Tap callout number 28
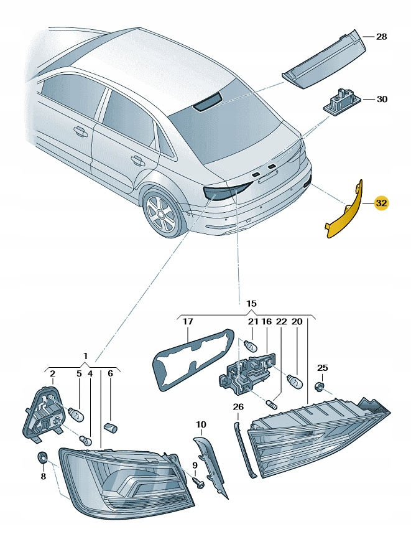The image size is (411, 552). point(381,37)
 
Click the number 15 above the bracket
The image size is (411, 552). point(251,304)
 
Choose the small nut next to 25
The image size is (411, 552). point(318,387)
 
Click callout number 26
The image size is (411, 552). point(238,407)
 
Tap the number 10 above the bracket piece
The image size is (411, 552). point(200,425)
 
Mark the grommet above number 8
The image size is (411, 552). point(42,458)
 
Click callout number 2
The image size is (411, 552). point(52,374)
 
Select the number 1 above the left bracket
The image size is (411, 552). point(85,356)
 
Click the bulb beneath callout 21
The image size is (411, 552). point(251,344)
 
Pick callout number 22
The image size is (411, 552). point(280,322)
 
